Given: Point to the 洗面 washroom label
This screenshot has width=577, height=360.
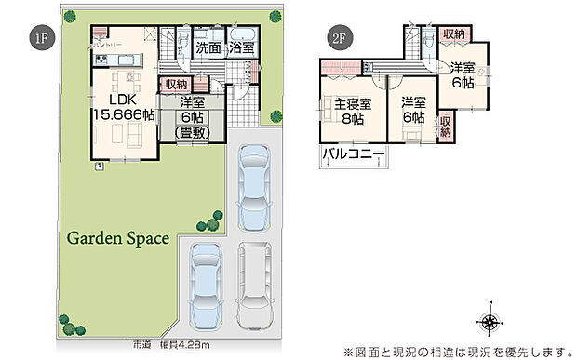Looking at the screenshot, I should (x=208, y=47).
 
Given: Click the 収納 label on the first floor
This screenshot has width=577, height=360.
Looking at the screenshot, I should (x=175, y=85).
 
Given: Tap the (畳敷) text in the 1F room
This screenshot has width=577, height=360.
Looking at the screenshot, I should (x=193, y=132).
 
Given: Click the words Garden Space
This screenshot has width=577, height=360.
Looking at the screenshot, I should (x=117, y=238).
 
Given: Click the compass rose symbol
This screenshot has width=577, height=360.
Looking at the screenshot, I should (x=490, y=323).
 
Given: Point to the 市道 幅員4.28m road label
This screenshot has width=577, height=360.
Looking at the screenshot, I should (x=173, y=345).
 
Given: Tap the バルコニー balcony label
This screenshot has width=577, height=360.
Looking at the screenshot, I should (x=354, y=154).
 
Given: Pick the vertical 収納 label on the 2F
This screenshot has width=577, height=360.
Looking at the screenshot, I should (x=445, y=127).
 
